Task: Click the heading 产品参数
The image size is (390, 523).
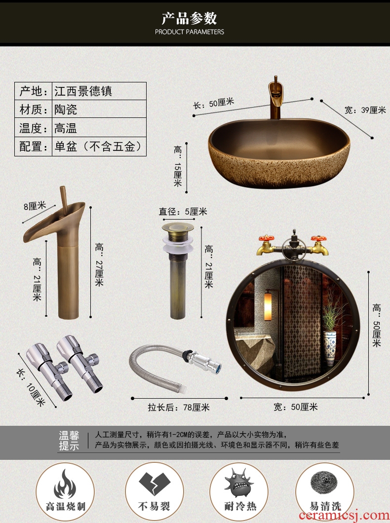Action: pyautogui.click(x=189, y=18)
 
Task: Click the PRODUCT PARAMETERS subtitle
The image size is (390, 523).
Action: pyautogui.click(x=190, y=32)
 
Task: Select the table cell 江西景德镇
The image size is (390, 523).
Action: pyautogui.click(x=83, y=91)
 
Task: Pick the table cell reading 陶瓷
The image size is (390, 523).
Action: pyautogui.click(x=66, y=110)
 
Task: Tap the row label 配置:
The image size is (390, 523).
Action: pyautogui.click(x=34, y=147)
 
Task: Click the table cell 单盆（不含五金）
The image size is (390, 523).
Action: pyautogui.click(x=99, y=147)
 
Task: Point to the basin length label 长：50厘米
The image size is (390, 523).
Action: pyautogui.click(x=214, y=104)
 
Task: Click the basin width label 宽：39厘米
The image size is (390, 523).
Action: pyautogui.click(x=365, y=110)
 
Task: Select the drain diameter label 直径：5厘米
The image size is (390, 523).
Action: pyautogui.click(x=183, y=212)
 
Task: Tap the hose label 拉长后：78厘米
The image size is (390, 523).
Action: pyautogui.click(x=179, y=407)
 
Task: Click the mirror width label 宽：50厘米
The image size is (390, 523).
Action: pyautogui.click(x=296, y=407)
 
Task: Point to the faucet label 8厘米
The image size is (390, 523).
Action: pyautogui.click(x=35, y=206)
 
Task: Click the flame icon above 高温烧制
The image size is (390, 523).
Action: pyautogui.click(x=65, y=484)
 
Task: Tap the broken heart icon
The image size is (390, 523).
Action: pyautogui.click(x=154, y=484)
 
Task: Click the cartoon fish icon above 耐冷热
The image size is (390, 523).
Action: pyautogui.click(x=238, y=483)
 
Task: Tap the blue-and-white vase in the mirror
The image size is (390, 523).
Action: pyautogui.click(x=329, y=348)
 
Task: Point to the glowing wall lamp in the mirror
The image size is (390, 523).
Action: pyautogui.click(x=268, y=306)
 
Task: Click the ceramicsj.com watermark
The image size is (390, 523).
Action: pyautogui.click(x=344, y=515)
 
